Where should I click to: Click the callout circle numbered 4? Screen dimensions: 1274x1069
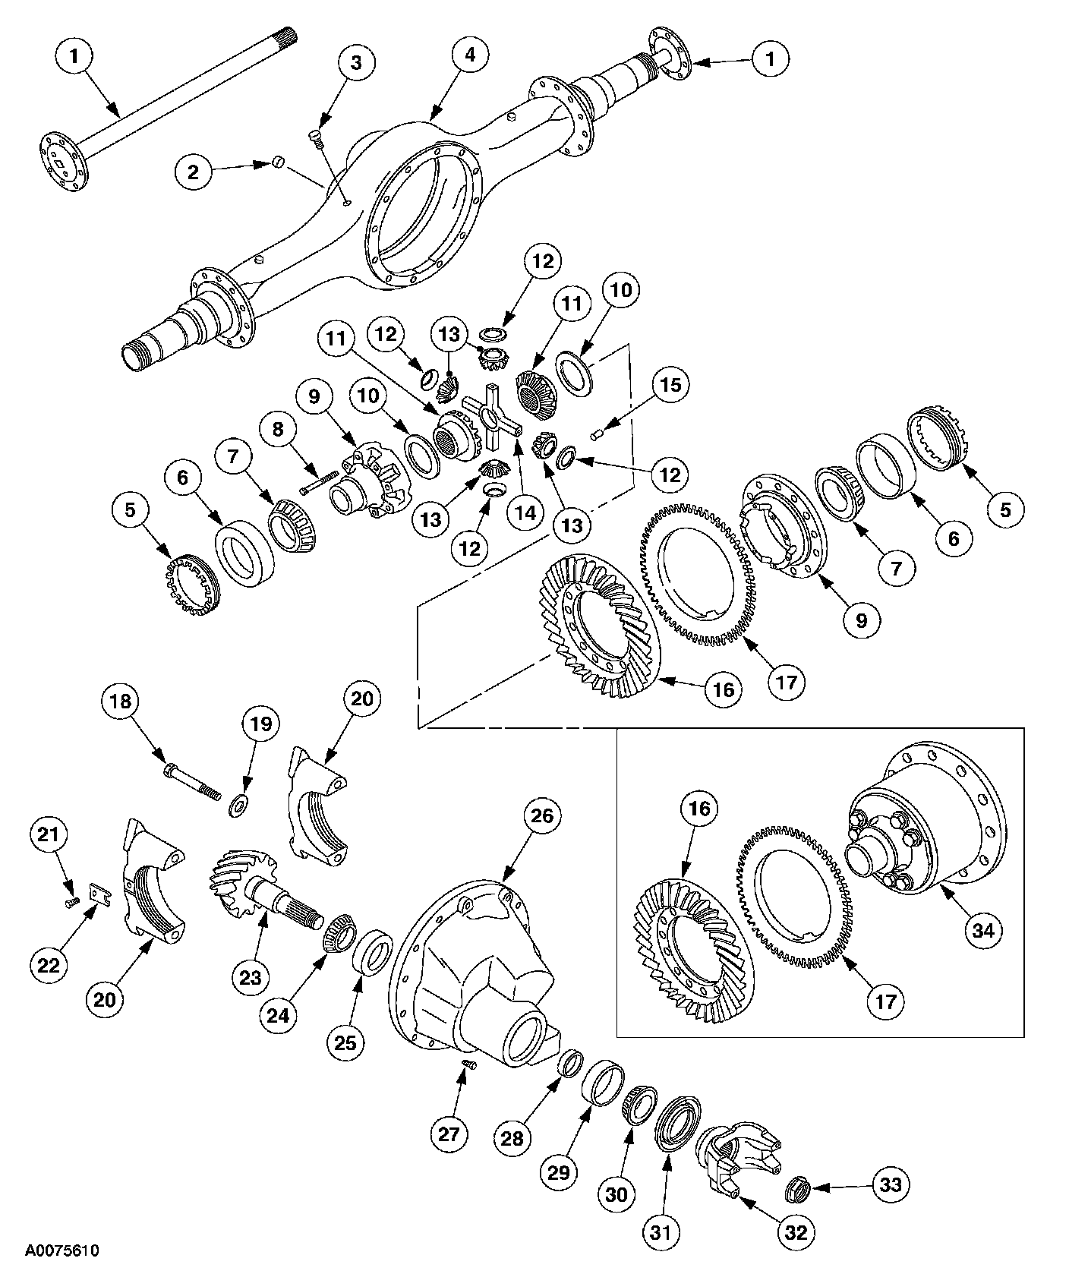pyautogui.click(x=470, y=55)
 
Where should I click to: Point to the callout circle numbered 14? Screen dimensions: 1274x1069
pyautogui.click(x=526, y=512)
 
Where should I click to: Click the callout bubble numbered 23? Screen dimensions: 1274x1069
pyautogui.click(x=251, y=979)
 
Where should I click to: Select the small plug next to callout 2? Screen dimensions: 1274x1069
pyautogui.click(x=278, y=161)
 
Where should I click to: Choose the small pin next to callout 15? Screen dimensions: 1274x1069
pyautogui.click(x=596, y=434)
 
